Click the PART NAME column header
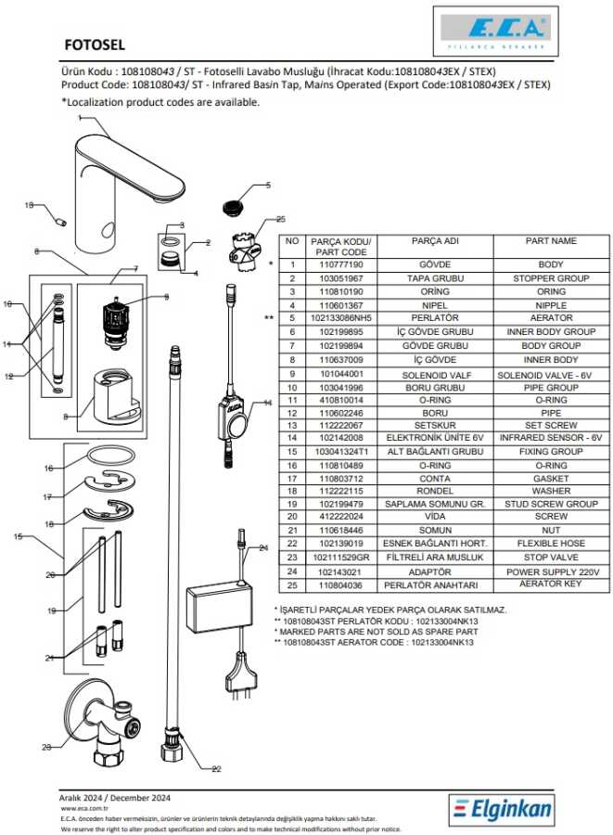pyautogui.click(x=551, y=241)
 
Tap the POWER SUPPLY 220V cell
pyautogui.click(x=551, y=572)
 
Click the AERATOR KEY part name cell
pyautogui.click(x=551, y=585)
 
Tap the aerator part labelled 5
pyautogui.click(x=231, y=205)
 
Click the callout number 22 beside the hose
pyautogui.click(x=217, y=768)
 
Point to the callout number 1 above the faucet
pyautogui.click(x=80, y=119)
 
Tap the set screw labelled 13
pyautogui.click(x=62, y=221)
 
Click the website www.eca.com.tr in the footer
pyautogui.click(x=80, y=808)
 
